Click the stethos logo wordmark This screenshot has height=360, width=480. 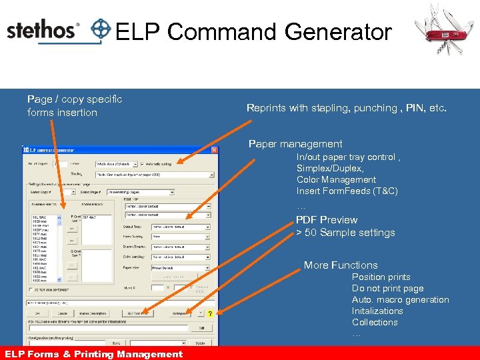(x=43, y=31)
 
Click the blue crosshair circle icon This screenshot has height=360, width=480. (x=101, y=30)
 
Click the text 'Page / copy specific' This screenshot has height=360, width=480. (x=75, y=99)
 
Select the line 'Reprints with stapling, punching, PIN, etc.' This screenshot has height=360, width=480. (x=347, y=108)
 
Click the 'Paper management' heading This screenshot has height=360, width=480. (x=295, y=144)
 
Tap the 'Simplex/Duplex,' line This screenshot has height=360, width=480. (x=330, y=169)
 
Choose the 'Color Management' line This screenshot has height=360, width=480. (x=336, y=180)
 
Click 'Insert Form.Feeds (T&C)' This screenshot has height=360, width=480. (x=347, y=191)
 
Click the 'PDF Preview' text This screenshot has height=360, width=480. (x=327, y=220)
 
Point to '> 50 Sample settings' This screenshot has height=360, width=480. (x=345, y=233)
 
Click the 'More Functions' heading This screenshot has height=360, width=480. (x=341, y=265)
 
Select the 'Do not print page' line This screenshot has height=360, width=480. (x=387, y=289)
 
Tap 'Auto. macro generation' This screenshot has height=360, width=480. (x=400, y=300)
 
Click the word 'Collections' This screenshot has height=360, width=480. (x=375, y=323)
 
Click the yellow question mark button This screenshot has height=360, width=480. (x=209, y=313)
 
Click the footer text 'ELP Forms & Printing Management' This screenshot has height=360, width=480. (x=93, y=354)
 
